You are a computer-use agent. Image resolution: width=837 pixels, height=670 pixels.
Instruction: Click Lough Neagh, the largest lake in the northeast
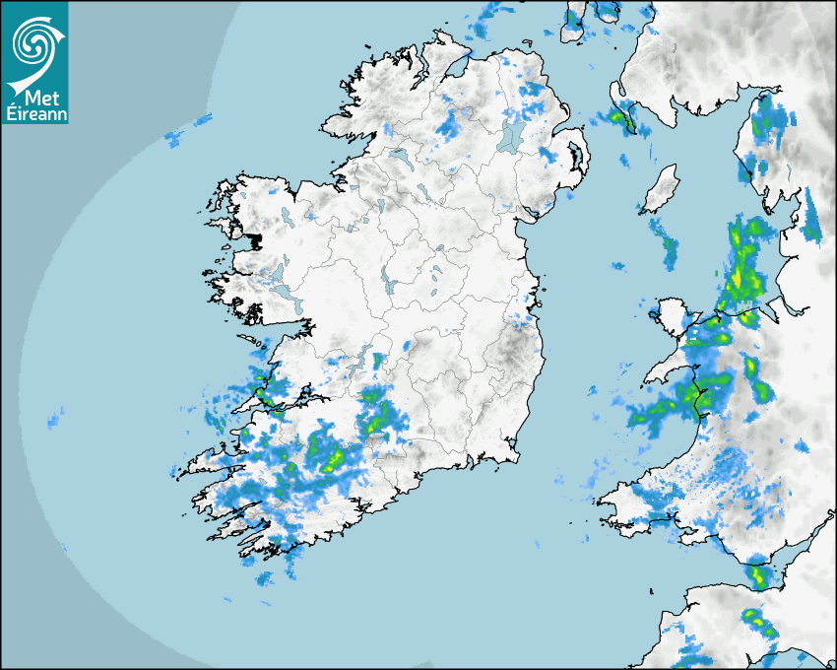pyautogui.click(x=511, y=136)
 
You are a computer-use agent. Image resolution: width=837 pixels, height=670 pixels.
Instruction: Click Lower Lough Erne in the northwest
pyautogui.click(x=398, y=157)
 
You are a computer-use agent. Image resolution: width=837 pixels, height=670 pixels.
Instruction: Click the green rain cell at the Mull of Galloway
pyautogui.click(x=619, y=119)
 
